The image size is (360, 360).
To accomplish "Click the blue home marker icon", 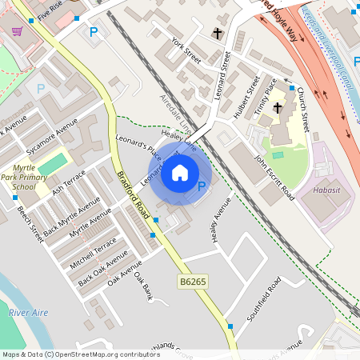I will [180, 173].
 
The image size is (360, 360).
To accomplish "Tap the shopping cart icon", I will [17, 31].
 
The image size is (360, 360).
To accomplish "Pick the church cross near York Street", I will [217, 34].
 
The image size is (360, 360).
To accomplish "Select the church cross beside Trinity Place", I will [278, 107].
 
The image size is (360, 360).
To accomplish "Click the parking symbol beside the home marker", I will [202, 186].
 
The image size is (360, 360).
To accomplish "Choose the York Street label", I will [186, 47].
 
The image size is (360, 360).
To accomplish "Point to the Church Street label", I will [302, 107].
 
